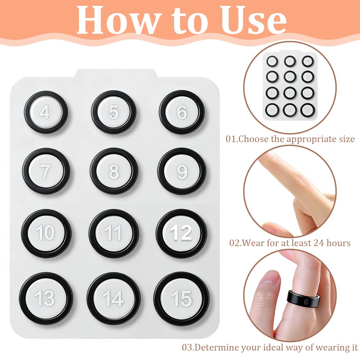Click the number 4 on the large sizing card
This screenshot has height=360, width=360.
45,112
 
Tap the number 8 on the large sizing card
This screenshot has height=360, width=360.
114,171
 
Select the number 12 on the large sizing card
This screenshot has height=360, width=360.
181,233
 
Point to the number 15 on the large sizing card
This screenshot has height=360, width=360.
182,298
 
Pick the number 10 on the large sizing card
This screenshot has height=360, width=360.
45,233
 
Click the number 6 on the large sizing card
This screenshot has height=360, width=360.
182,112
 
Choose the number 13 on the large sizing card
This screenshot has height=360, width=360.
45,298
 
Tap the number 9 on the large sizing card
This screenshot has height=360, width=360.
182,172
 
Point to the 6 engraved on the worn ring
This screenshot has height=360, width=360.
306,301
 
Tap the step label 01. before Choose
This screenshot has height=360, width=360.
232,139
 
